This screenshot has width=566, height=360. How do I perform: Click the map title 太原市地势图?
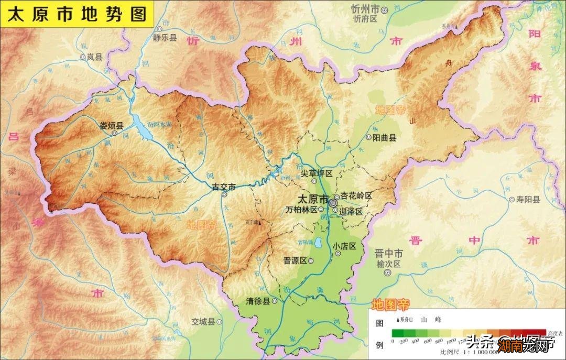[77, 14]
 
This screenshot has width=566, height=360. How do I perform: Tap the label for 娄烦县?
[111, 126]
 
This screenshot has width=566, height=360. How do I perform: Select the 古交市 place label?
[224, 187]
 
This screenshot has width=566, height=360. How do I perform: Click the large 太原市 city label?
[312, 200]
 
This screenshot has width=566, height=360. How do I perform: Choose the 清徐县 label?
[258, 301]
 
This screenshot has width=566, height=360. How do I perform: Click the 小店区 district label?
[344, 246]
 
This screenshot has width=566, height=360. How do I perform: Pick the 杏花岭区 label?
[356, 196]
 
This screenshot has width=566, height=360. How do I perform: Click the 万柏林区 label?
[302, 210]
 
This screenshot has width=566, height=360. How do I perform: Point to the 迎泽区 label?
[351, 212]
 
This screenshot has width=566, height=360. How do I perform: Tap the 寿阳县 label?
[528, 199]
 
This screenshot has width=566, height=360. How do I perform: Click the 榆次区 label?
[388, 264]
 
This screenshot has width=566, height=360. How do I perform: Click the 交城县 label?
[203, 321]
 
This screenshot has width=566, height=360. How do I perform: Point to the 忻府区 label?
[365, 19]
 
